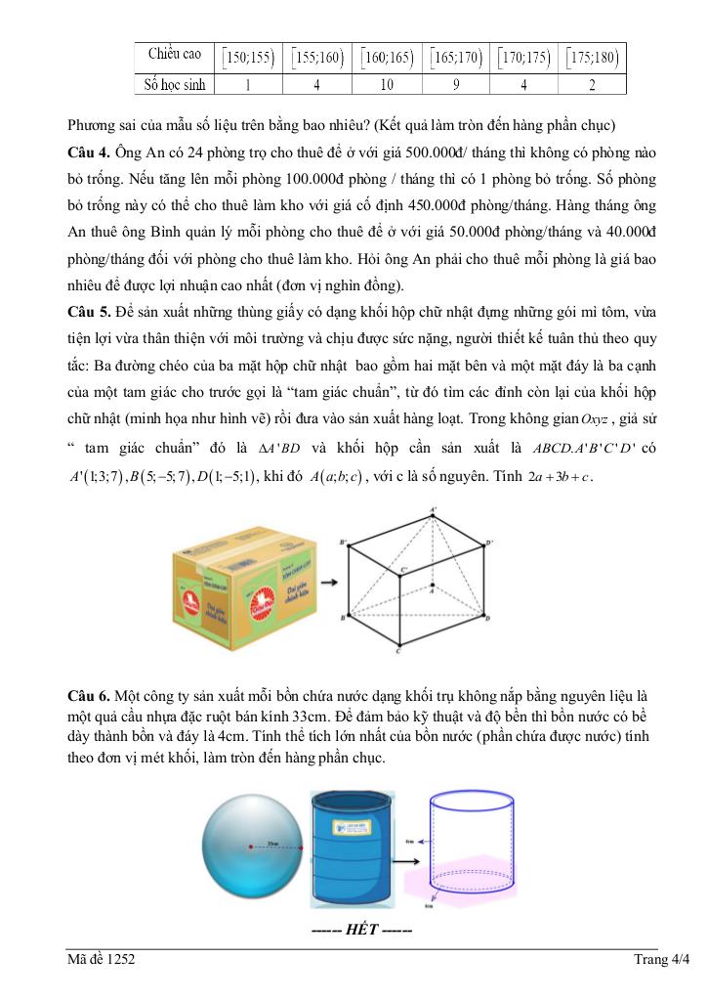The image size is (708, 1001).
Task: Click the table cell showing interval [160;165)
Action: click(x=387, y=57)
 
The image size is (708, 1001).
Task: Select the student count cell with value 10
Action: click(x=387, y=84)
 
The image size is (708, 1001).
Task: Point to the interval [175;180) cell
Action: click(x=591, y=57)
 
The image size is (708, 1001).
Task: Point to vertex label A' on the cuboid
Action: click(x=434, y=509)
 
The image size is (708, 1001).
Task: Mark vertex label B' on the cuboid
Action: click(x=343, y=541)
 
